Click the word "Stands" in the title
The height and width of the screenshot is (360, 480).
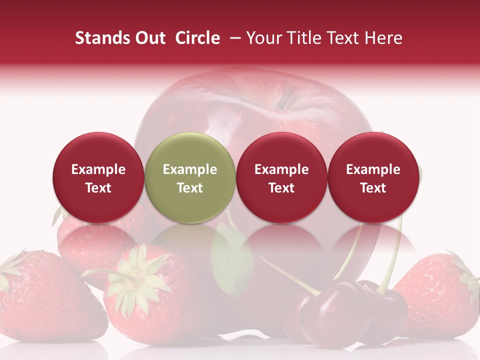pyautogui.click(x=102, y=38)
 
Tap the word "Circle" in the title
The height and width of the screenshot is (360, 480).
pyautogui.click(x=197, y=38)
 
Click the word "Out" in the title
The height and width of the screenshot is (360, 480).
pyautogui.click(x=149, y=38)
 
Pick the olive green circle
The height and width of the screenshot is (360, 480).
pyautogui.click(x=190, y=177)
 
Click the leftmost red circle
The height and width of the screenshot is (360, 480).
pyautogui.click(x=98, y=177)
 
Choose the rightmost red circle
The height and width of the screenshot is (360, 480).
pyautogui.click(x=373, y=177)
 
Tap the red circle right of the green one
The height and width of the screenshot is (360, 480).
pyautogui.click(x=281, y=177)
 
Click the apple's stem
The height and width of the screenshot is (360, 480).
pyautogui.click(x=286, y=96)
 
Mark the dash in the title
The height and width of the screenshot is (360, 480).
pyautogui.click(x=234, y=38)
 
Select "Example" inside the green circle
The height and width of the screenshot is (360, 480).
pyautogui.click(x=190, y=169)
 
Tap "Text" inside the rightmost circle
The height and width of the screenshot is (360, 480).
pyautogui.click(x=373, y=188)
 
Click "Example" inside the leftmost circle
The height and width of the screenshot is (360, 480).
pyautogui.click(x=98, y=169)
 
